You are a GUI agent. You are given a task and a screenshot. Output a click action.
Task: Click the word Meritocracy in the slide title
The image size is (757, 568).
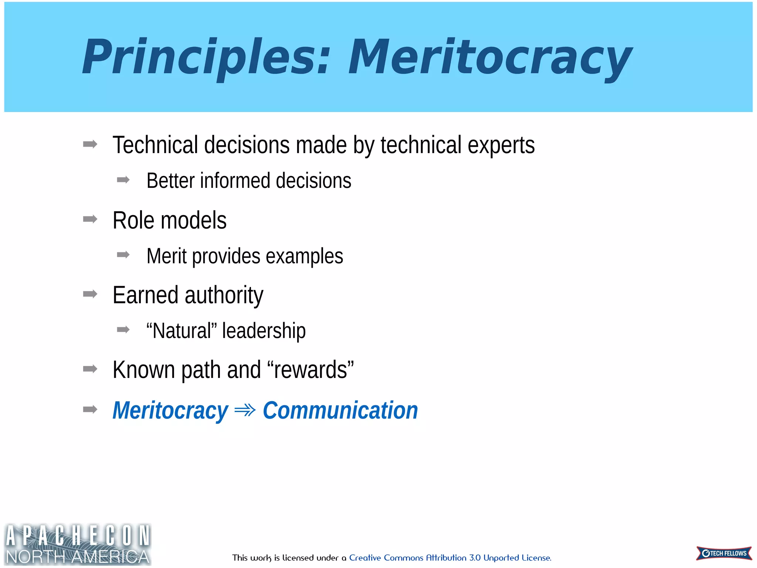click(490, 57)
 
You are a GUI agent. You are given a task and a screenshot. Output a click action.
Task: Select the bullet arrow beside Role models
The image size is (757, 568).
click(90, 219)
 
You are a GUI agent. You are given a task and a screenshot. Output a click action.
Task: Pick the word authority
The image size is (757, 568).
click(224, 295)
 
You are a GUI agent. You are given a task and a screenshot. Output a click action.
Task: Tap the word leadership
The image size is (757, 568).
click(264, 331)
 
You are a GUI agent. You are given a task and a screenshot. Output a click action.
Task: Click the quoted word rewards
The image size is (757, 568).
click(310, 370)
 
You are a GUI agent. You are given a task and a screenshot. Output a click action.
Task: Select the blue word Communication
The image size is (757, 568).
click(340, 410)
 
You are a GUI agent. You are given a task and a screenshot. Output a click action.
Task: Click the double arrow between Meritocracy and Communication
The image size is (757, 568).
click(245, 410)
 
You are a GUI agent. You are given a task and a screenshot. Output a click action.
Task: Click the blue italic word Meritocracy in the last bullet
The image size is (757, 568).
click(170, 410)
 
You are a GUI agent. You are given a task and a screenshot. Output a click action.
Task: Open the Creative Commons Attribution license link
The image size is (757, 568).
click(450, 558)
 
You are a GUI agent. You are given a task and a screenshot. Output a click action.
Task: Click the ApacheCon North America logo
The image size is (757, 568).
click(78, 544)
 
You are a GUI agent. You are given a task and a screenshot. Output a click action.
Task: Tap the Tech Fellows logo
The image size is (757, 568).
click(724, 553)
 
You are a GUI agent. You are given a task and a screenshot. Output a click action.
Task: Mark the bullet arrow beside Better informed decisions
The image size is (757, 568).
click(123, 180)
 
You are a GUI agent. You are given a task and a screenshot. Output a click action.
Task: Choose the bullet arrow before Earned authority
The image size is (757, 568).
click(90, 294)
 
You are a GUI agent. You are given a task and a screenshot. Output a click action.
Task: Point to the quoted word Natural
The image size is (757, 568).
click(181, 331)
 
